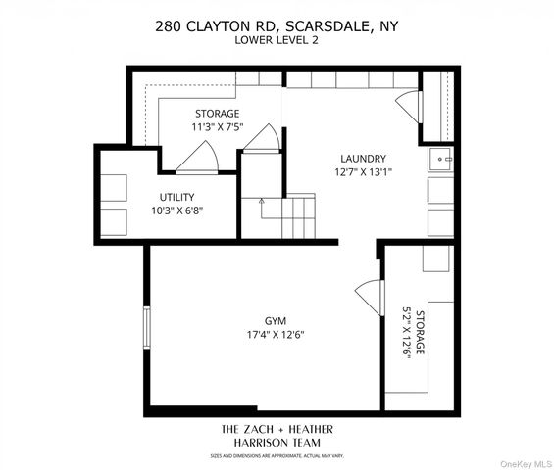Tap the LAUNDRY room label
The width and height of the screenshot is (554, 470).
point(363,159)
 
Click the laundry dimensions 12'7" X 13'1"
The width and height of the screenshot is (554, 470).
point(363,173)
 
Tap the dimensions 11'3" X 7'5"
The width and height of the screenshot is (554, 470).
point(216,127)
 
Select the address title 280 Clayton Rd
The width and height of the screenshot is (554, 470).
point(276,26)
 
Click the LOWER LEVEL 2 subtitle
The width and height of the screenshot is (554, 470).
point(276,40)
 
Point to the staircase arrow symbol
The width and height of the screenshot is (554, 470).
point(262,207)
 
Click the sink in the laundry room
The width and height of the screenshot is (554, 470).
point(440,158)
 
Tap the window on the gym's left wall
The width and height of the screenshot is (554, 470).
point(147,326)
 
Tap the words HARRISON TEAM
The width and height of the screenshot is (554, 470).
point(277,442)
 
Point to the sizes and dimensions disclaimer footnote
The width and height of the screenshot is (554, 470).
point(277,455)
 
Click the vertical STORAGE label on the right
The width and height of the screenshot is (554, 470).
point(420,335)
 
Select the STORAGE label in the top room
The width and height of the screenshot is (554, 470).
point(216,114)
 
